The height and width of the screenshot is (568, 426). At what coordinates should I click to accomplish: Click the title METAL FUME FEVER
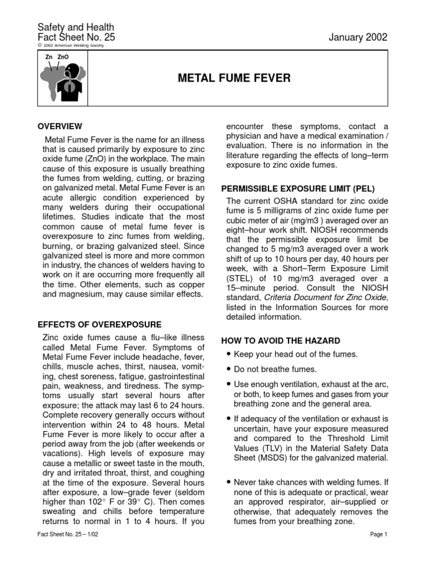[234, 78]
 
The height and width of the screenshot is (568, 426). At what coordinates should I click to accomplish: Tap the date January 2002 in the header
[358, 37]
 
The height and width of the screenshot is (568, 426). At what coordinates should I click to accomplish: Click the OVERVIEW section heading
[59, 126]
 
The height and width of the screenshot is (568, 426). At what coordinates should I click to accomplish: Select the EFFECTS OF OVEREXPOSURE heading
[99, 324]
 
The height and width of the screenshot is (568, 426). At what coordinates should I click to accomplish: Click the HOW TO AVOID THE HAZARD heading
[281, 341]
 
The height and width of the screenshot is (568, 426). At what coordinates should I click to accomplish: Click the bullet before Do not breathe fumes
[229, 369]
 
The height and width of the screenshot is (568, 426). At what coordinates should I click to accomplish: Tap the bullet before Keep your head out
[229, 354]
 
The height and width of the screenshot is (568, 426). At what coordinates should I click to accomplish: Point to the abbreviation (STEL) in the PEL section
[238, 278]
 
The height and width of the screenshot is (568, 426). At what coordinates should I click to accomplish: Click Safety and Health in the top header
[75, 27]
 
